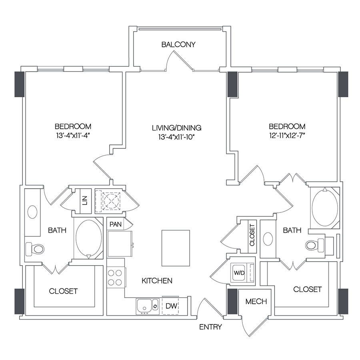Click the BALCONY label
(x=178, y=44)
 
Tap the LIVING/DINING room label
(x=176, y=128)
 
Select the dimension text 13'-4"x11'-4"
(x=73, y=135)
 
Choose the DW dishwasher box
(x=170, y=306)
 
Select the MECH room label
(x=256, y=301)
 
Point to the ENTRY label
(x=210, y=327)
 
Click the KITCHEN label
(x=157, y=281)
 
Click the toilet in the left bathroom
(x=36, y=249)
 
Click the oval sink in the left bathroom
(x=32, y=212)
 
